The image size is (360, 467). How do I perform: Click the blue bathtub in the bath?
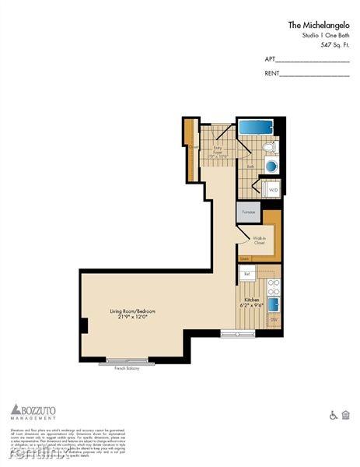255,127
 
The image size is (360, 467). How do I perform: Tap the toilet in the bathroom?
268,147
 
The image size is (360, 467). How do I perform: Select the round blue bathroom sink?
271,166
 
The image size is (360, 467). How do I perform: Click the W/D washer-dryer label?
273,189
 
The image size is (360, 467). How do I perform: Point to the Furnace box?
248,211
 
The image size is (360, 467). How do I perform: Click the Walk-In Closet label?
259,241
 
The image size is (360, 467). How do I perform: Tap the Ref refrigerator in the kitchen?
246,273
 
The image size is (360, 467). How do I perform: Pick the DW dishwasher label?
274,320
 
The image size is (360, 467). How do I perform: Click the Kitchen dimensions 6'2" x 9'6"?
251,304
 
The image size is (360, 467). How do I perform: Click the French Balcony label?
128,367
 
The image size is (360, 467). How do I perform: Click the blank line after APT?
313,61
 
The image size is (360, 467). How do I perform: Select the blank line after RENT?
314,75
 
